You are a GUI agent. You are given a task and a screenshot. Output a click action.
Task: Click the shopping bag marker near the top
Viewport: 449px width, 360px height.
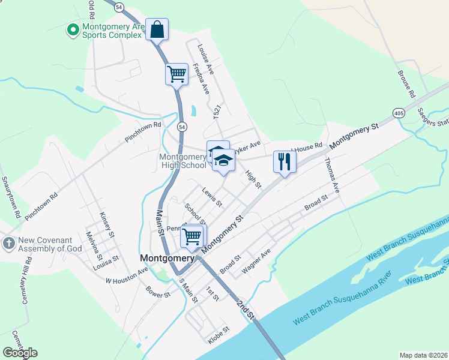click(157, 29)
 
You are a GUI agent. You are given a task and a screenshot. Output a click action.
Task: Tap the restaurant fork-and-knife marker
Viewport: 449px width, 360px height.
click(285, 161)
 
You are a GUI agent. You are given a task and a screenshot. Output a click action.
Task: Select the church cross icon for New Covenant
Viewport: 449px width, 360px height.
click(8, 244)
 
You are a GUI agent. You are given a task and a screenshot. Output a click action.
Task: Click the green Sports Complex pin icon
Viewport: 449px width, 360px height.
click(73, 29)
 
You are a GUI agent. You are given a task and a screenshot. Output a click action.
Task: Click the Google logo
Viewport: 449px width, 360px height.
click(20, 353)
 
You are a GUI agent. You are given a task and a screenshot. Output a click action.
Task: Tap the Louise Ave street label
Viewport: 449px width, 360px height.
click(206, 59)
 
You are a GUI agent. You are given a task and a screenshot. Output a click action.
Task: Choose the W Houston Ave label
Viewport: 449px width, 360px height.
click(127, 276)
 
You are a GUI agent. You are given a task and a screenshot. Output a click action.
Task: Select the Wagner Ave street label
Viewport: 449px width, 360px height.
click(256, 262)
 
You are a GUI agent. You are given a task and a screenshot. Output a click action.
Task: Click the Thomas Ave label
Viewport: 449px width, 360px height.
click(332, 175)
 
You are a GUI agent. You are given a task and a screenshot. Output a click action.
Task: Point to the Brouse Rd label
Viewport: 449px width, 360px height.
click(406, 84)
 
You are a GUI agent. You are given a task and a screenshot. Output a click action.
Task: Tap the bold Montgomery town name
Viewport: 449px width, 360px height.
click(167, 259)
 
